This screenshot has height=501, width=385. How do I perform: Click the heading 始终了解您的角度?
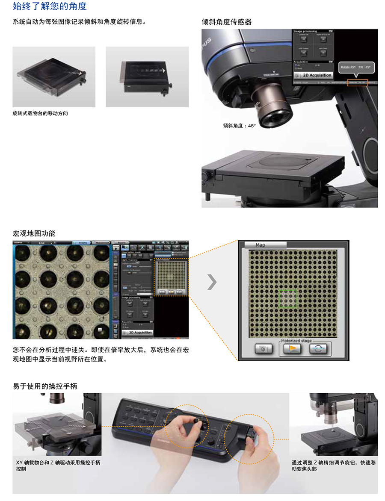50,6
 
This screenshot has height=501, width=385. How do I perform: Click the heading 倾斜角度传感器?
227,22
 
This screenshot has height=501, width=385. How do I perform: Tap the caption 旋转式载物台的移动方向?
40,113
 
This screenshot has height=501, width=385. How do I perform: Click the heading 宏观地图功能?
34,233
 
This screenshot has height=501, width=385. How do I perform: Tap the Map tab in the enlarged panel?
261,245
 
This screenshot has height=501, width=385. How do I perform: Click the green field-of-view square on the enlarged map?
287,298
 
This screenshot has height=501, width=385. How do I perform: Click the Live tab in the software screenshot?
42,243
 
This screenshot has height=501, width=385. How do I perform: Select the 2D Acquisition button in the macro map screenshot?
137,333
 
